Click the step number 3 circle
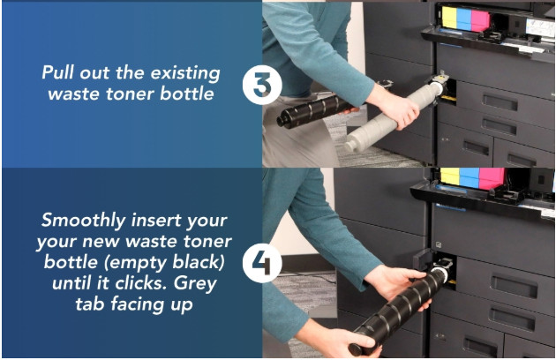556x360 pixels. point(262,85)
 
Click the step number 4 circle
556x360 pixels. point(262,263)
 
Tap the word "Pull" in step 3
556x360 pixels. point(58,72)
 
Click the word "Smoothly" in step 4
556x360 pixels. point(84,221)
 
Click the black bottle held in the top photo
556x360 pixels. point(316,110)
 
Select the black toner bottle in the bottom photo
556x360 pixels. point(399,311)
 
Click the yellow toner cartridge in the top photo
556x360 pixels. point(449,17)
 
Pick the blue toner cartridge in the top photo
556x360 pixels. point(464,19)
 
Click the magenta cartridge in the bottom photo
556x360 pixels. point(492,178)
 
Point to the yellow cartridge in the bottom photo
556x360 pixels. point(449,176)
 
